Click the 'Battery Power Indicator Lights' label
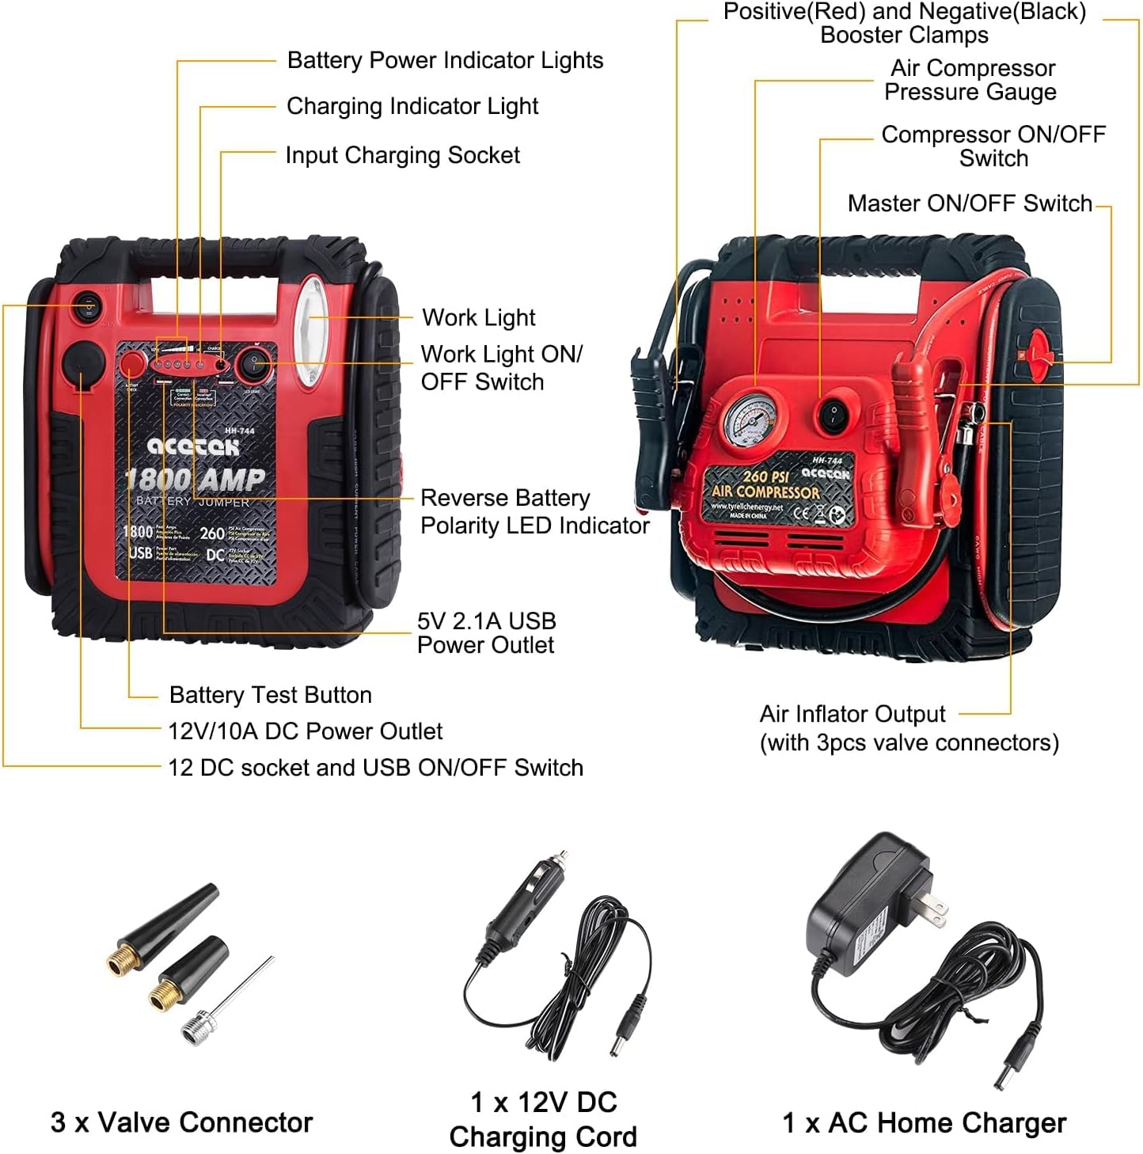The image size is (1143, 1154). click(x=445, y=60)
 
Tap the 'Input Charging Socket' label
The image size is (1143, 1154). click(x=402, y=155)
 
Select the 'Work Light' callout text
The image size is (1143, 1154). click(x=479, y=317)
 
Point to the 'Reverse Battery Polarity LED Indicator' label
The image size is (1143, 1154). click(x=534, y=511)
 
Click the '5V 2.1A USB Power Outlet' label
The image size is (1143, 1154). click(x=486, y=632)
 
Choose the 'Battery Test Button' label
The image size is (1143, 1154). click(x=270, y=695)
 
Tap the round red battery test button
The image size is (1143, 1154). click(x=131, y=364)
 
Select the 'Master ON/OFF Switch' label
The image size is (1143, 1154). click(x=970, y=203)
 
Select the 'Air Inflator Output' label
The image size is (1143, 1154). click(x=853, y=714)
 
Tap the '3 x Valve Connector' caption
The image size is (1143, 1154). click(x=181, y=1122)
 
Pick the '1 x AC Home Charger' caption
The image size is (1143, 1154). click(x=924, y=1122)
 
